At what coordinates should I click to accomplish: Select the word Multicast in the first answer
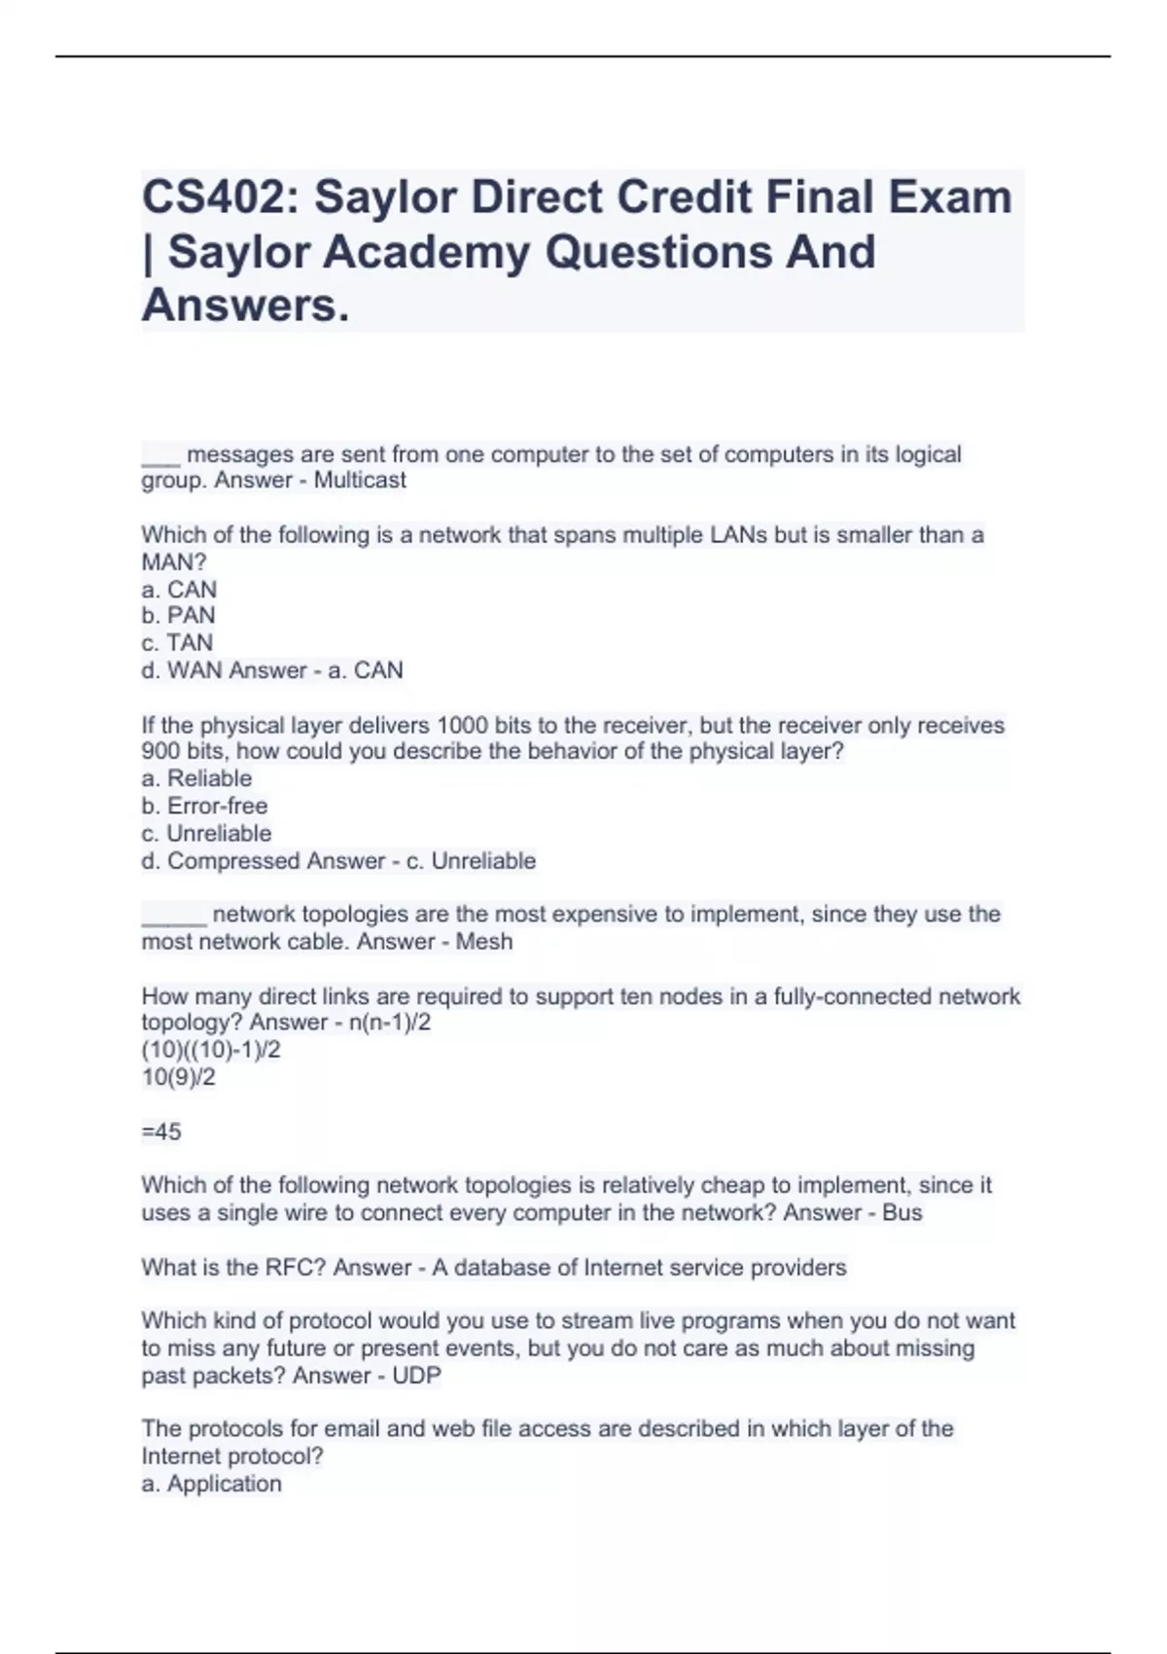tap(360, 481)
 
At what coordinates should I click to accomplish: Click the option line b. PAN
tap(178, 616)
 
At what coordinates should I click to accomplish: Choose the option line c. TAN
tap(177, 643)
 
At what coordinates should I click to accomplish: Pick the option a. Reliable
tap(196, 778)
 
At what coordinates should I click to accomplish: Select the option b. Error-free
tap(204, 806)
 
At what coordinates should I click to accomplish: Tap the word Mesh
tap(484, 942)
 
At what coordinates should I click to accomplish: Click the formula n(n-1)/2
tap(389, 1023)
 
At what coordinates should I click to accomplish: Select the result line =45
tap(161, 1132)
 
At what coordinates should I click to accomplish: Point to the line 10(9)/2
tap(179, 1077)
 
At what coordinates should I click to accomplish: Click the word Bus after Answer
tap(902, 1213)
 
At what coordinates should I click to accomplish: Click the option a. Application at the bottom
tap(212, 1484)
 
